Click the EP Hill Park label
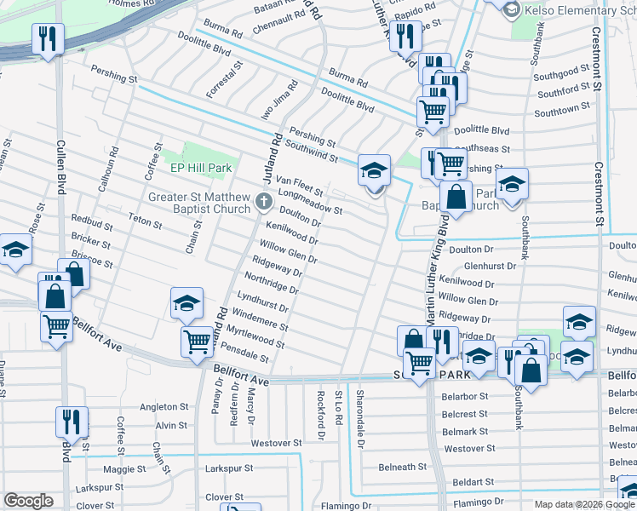click(201, 169)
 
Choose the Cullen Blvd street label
click(60, 166)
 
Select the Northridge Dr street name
click(271, 283)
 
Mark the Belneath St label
click(402, 467)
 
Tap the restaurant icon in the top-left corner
click(45, 38)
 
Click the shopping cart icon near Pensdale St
click(197, 342)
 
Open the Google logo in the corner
click(28, 501)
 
